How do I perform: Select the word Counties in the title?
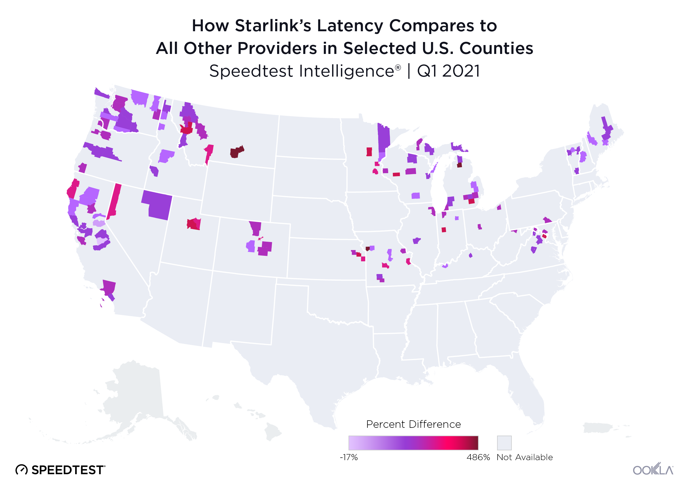click(x=496, y=48)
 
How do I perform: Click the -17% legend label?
click(x=348, y=457)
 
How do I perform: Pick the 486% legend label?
click(x=478, y=457)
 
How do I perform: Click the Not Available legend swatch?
click(x=504, y=442)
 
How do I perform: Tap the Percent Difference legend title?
click(x=413, y=424)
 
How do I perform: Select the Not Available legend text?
click(x=524, y=457)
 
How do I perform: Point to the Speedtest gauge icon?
click(x=22, y=470)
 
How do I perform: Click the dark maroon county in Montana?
click(x=236, y=152)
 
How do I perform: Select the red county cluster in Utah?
click(x=194, y=224)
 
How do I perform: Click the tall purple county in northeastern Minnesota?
click(x=383, y=139)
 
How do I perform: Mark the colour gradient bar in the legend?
click(x=413, y=442)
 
